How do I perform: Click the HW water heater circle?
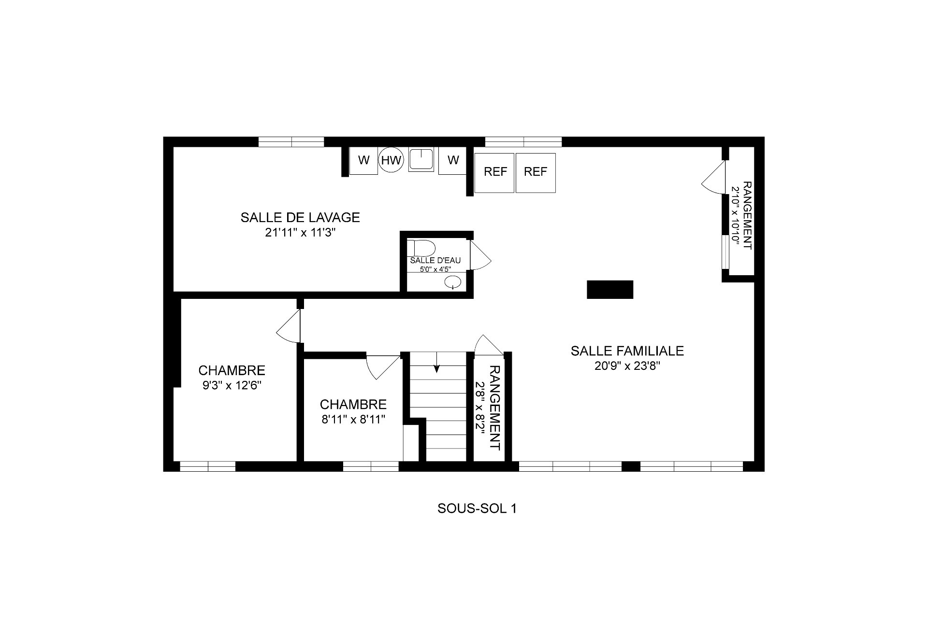pyautogui.click(x=391, y=160)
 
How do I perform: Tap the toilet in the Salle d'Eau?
pyautogui.click(x=421, y=248)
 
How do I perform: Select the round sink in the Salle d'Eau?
pyautogui.click(x=453, y=282)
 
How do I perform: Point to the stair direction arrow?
pyautogui.click(x=437, y=362)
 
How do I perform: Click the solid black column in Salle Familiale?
pyautogui.click(x=610, y=290)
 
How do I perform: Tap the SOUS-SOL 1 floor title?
pyautogui.click(x=477, y=508)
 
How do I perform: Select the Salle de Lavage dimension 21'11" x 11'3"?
pyautogui.click(x=300, y=233)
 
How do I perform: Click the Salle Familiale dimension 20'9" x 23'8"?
pyautogui.click(x=627, y=366)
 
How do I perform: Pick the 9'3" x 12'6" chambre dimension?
pyautogui.click(x=232, y=386)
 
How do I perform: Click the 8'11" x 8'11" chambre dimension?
pyautogui.click(x=353, y=420)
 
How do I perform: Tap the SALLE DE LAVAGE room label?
pyautogui.click(x=300, y=217)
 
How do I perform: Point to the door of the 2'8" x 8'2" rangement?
pyautogui.click(x=489, y=346)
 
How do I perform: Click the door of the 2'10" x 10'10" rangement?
pyautogui.click(x=714, y=177)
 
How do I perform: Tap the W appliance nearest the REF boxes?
pyautogui.click(x=453, y=160)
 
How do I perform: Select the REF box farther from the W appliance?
pyautogui.click(x=536, y=172)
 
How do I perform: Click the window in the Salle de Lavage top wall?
pyautogui.click(x=291, y=142)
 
